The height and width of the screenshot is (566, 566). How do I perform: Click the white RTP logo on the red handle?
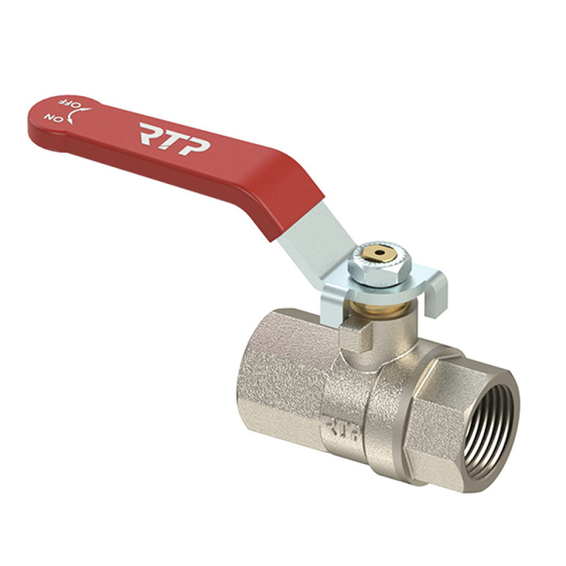pos(175,139)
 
